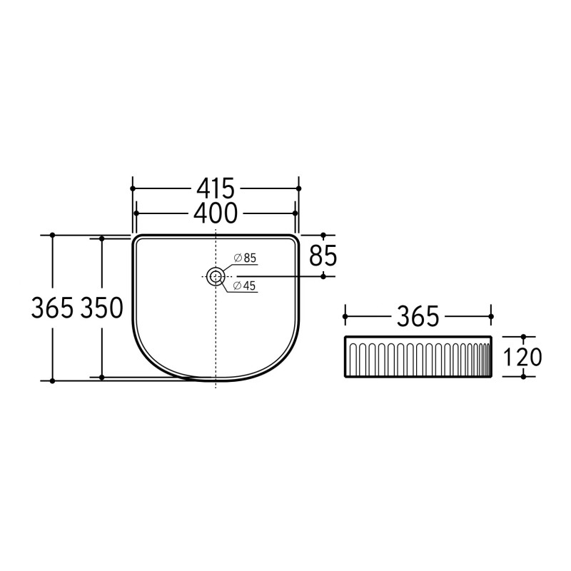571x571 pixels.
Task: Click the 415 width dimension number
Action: [x=216, y=188]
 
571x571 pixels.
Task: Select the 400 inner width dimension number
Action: [x=216, y=213]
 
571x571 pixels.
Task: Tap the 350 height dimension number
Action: [x=102, y=308]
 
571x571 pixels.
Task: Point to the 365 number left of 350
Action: [x=52, y=308]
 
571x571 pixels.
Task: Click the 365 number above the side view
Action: [x=418, y=316]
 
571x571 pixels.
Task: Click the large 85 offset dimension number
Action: [x=323, y=256]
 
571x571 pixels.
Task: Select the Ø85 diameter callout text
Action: [x=245, y=258]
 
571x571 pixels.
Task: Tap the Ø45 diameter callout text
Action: [x=245, y=286]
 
